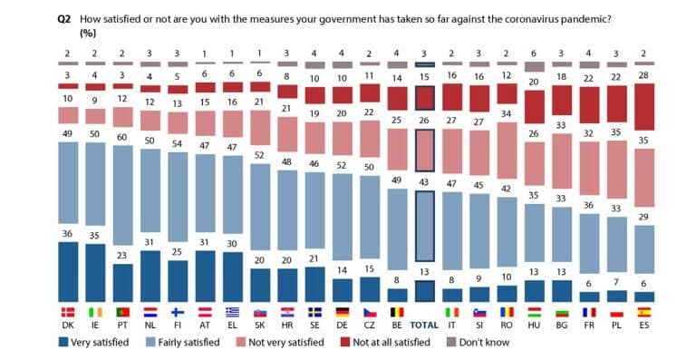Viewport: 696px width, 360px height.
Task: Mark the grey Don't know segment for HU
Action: pyautogui.click(x=536, y=65)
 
